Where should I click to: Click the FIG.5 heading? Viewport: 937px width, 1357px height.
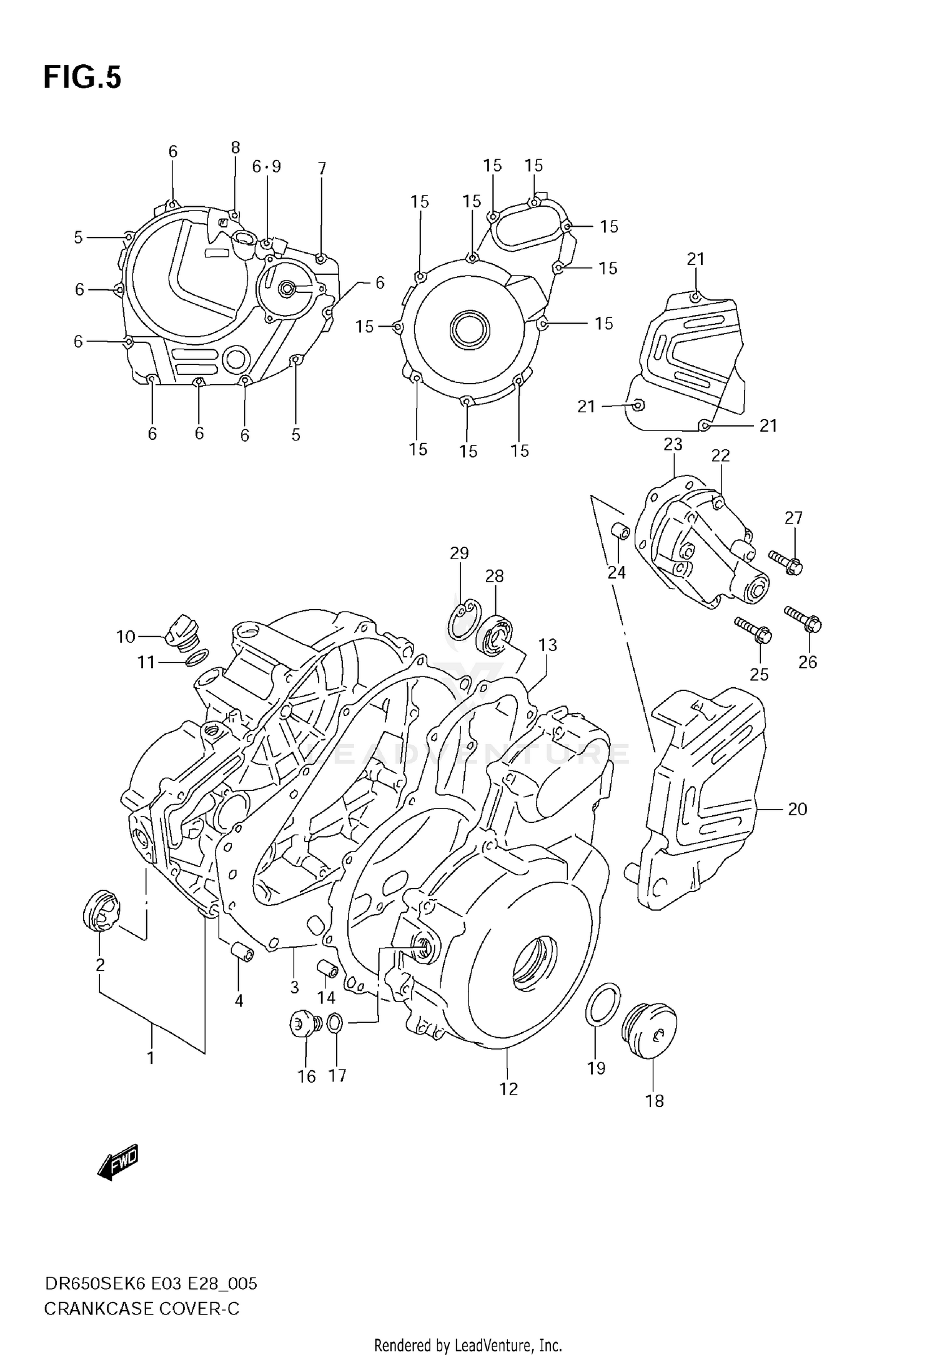point(82,78)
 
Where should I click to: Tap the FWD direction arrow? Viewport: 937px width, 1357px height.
point(119,1163)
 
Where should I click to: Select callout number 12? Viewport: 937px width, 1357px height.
point(508,1089)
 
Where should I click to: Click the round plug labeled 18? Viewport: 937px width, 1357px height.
point(650,1031)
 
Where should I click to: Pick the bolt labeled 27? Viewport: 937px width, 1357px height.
point(786,561)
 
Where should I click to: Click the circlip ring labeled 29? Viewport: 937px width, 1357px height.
point(462,620)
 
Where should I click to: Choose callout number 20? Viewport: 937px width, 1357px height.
point(797,809)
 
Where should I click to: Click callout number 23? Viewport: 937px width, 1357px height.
point(673,444)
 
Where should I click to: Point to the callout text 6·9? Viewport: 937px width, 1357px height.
point(267,166)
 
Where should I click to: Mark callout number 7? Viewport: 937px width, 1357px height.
point(322,168)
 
